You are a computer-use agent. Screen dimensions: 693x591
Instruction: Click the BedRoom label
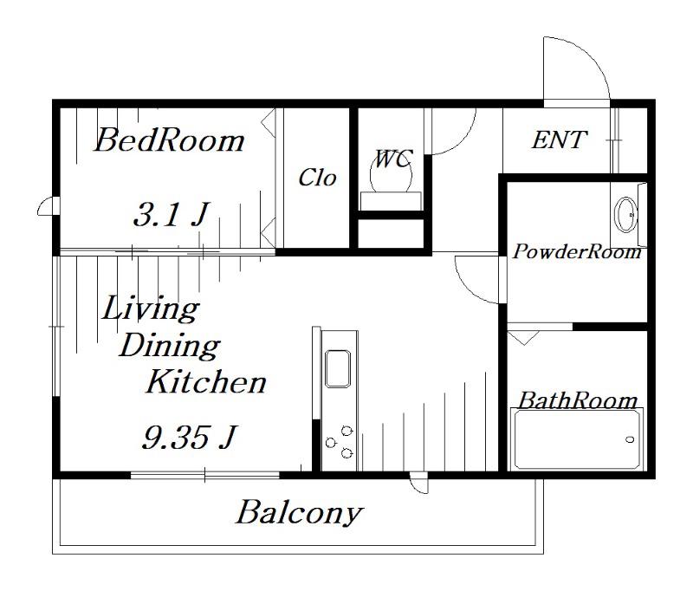[169, 140]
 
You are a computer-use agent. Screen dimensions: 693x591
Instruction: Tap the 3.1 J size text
[171, 214]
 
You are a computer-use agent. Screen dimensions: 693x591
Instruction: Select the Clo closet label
[317, 178]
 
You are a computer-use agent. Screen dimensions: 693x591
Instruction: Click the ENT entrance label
[560, 140]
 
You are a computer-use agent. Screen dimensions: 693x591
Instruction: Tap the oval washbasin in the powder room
[626, 215]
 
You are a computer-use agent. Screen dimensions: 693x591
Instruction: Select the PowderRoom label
[577, 251]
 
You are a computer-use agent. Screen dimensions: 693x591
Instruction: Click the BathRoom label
[578, 400]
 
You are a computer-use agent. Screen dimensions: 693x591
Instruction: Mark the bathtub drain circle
[631, 439]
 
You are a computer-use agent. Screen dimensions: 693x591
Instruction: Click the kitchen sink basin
[338, 368]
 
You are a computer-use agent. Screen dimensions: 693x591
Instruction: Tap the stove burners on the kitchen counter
[340, 442]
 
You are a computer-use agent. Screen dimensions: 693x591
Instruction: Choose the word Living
[151, 308]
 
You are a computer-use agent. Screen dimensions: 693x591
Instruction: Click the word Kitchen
[206, 382]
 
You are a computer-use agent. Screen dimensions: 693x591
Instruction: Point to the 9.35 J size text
[190, 437]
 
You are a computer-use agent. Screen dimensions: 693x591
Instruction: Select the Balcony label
[299, 513]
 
